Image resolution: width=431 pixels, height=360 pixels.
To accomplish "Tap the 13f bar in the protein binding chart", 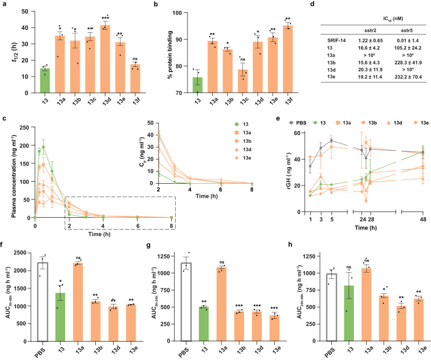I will click(x=261, y=59).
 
